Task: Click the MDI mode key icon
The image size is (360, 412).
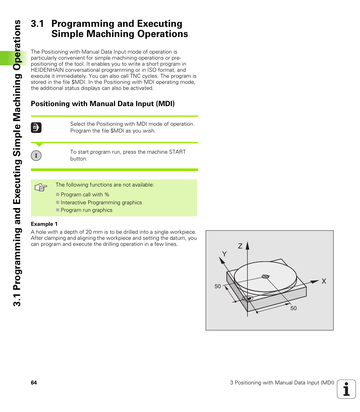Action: pos(36,128)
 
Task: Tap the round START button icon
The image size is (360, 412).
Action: pos(36,156)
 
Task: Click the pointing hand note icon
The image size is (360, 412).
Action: pos(41,187)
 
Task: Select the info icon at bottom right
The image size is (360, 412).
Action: pos(346,389)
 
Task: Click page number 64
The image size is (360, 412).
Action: pos(34,383)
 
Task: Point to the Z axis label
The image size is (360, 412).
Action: pos(240,246)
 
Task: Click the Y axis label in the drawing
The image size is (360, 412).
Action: pos(224,254)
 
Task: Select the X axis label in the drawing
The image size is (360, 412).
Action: pos(323,281)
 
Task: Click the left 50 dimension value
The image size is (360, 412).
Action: pos(218,286)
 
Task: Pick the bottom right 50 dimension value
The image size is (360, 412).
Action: pos(294,308)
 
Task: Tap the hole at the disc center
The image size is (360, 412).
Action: pos(265,277)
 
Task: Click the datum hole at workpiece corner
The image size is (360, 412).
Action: pos(247,298)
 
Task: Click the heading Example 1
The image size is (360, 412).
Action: pos(44,224)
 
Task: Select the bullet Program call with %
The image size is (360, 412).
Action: pos(85,194)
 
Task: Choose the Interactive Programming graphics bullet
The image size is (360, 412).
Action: pos(101,202)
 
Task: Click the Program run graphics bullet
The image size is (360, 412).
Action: pos(86,210)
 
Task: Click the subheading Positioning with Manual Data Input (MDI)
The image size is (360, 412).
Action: pos(103,103)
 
